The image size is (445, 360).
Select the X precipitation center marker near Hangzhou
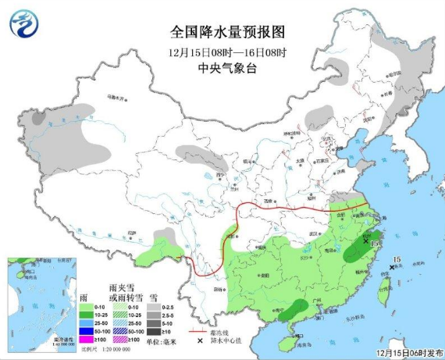(x=365, y=241)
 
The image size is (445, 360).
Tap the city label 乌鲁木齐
(x=116, y=99)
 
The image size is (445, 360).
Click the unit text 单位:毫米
(x=162, y=341)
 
